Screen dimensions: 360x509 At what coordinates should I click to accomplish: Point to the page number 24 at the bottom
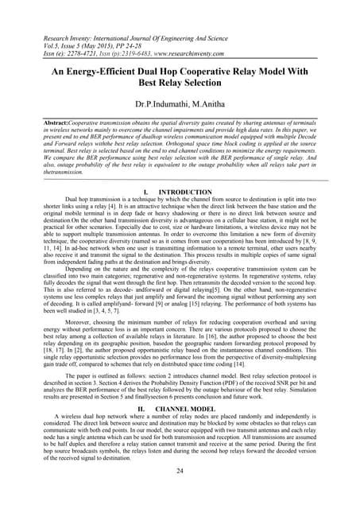180,471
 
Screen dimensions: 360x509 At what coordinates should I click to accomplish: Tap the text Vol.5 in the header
31,46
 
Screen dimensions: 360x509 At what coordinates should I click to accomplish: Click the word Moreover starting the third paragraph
67,309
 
